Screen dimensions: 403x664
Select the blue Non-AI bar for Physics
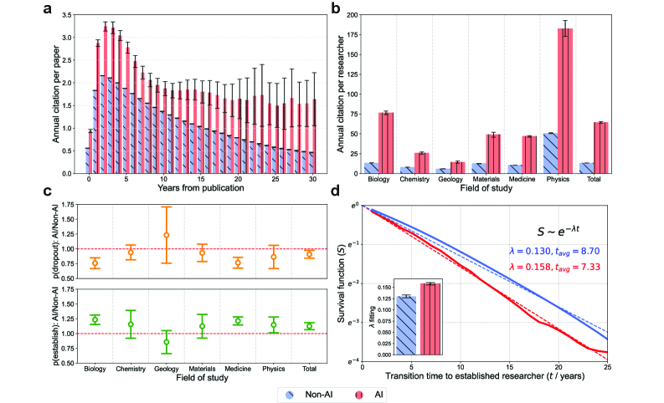(x=550, y=153)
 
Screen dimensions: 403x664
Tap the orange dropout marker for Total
(x=309, y=253)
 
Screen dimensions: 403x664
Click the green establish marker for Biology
(x=95, y=320)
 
